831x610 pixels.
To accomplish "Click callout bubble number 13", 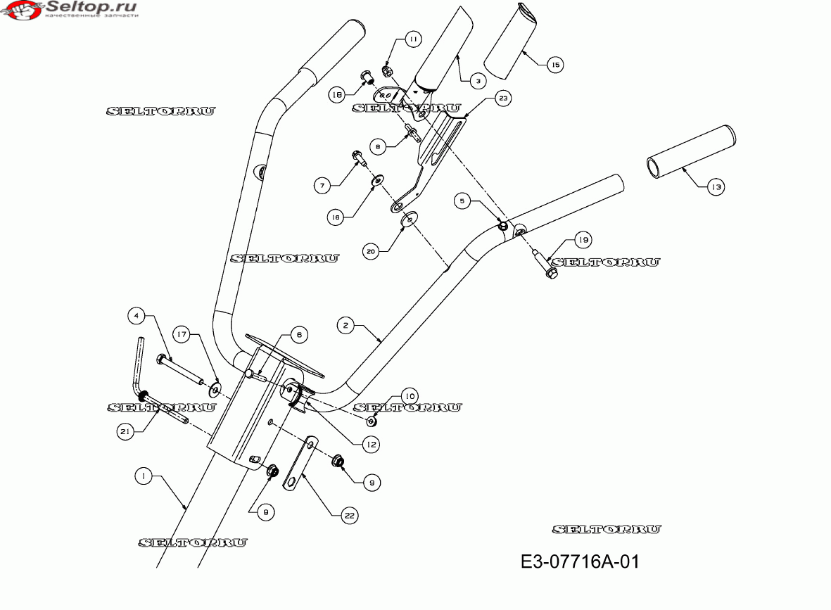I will pyautogui.click(x=715, y=187).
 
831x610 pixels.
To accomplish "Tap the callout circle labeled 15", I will pyautogui.click(x=555, y=65).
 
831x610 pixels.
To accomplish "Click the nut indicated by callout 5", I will pyautogui.click(x=504, y=226).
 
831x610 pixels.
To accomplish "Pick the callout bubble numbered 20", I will pyautogui.click(x=372, y=250).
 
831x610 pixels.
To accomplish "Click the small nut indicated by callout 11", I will pyautogui.click(x=386, y=70).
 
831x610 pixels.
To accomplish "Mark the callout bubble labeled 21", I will pyautogui.click(x=125, y=433).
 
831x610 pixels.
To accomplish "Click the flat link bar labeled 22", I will pyautogui.click(x=300, y=464).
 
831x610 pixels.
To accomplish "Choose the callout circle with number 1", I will pyautogui.click(x=144, y=476).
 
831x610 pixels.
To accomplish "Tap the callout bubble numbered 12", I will pyautogui.click(x=370, y=444).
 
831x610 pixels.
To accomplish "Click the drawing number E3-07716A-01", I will pyautogui.click(x=580, y=562).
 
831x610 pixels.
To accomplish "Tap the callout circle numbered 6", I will pyautogui.click(x=298, y=335).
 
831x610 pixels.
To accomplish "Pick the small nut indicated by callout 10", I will pyautogui.click(x=372, y=420).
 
